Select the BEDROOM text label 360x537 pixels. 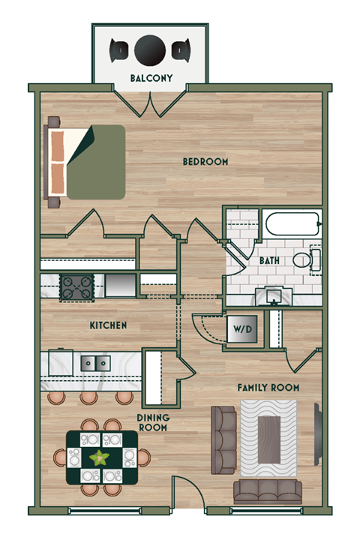pyautogui.click(x=205, y=162)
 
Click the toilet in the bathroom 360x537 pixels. pyautogui.click(x=306, y=260)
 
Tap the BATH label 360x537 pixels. pyautogui.click(x=271, y=262)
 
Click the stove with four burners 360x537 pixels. pyautogui.click(x=76, y=285)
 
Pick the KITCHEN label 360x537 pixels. pyautogui.click(x=108, y=326)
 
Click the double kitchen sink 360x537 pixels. pyautogui.click(x=95, y=363)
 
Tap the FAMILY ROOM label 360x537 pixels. pyautogui.click(x=268, y=388)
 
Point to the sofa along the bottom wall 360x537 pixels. pyautogui.click(x=267, y=492)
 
